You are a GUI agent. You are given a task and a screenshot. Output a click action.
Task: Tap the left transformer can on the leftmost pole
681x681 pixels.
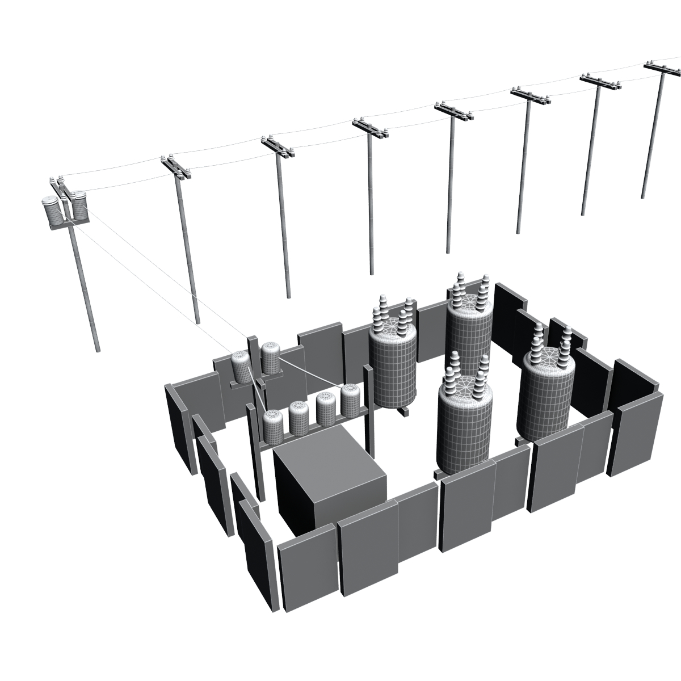pyautogui.click(x=52, y=211)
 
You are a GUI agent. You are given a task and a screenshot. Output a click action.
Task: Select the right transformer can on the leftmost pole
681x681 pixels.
pyautogui.click(x=79, y=207)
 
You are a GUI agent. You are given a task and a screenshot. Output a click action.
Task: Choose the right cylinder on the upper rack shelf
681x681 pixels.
pyautogui.click(x=271, y=358)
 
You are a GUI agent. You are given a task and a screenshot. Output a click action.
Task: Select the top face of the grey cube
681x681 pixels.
pyautogui.click(x=326, y=451)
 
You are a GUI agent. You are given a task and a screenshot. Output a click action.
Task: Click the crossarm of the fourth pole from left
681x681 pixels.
pyautogui.click(x=369, y=129)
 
